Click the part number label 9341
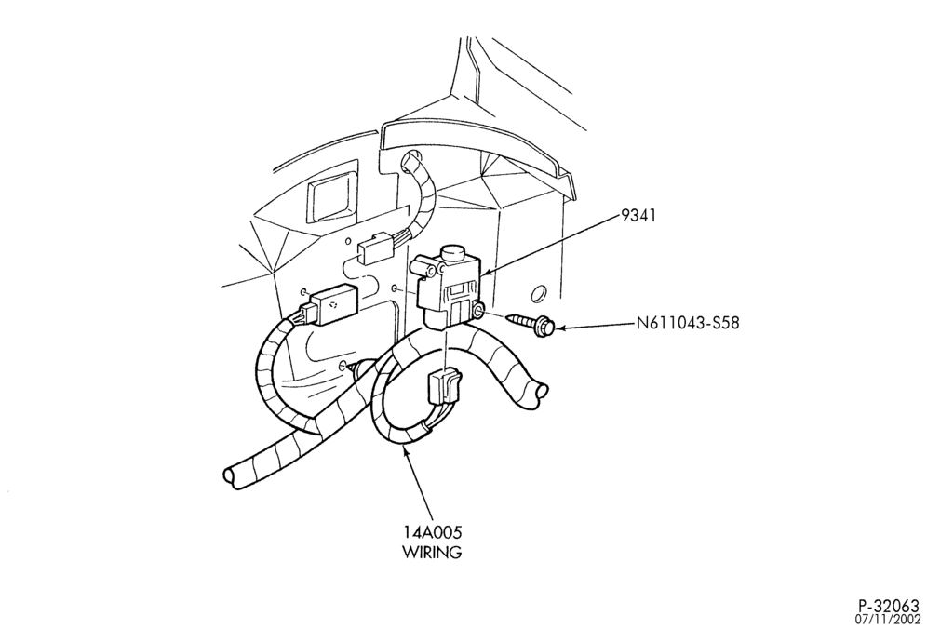pos(638,216)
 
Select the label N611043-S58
pos(688,324)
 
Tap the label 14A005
pos(432,531)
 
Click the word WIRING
pos(432,552)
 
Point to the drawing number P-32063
pos(889,607)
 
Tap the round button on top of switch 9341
pos(454,255)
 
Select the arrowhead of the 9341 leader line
pos(485,273)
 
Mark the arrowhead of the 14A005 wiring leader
pos(405,452)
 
